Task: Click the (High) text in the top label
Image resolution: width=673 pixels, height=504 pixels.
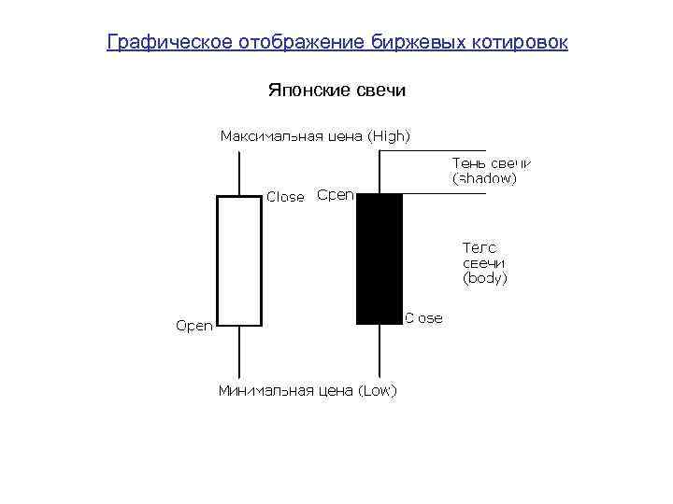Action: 389,136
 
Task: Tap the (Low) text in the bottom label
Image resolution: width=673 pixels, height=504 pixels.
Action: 377,390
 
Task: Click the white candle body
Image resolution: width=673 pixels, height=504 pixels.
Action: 239,260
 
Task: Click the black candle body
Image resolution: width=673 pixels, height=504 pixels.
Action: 379,259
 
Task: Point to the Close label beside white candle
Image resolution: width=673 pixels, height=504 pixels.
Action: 285,197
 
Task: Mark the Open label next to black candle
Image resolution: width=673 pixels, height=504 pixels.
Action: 335,195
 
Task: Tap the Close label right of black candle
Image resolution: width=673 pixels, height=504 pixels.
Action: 423,318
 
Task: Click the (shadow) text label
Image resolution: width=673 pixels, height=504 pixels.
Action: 483,177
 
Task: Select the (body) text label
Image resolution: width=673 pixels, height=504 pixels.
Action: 485,278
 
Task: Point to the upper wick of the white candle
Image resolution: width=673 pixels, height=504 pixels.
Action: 240,173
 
